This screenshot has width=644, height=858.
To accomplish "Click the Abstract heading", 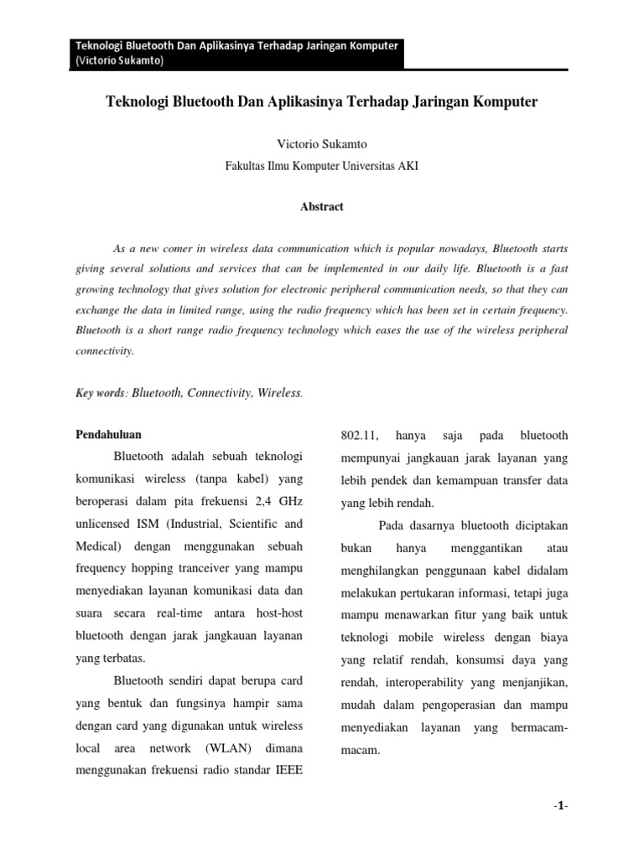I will (322, 207).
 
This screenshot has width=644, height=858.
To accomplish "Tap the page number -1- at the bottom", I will (561, 806).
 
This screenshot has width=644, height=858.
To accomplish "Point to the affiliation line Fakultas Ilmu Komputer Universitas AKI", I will (322, 166).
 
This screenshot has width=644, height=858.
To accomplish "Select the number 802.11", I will (360, 436).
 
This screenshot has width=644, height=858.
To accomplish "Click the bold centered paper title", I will (322, 102).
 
